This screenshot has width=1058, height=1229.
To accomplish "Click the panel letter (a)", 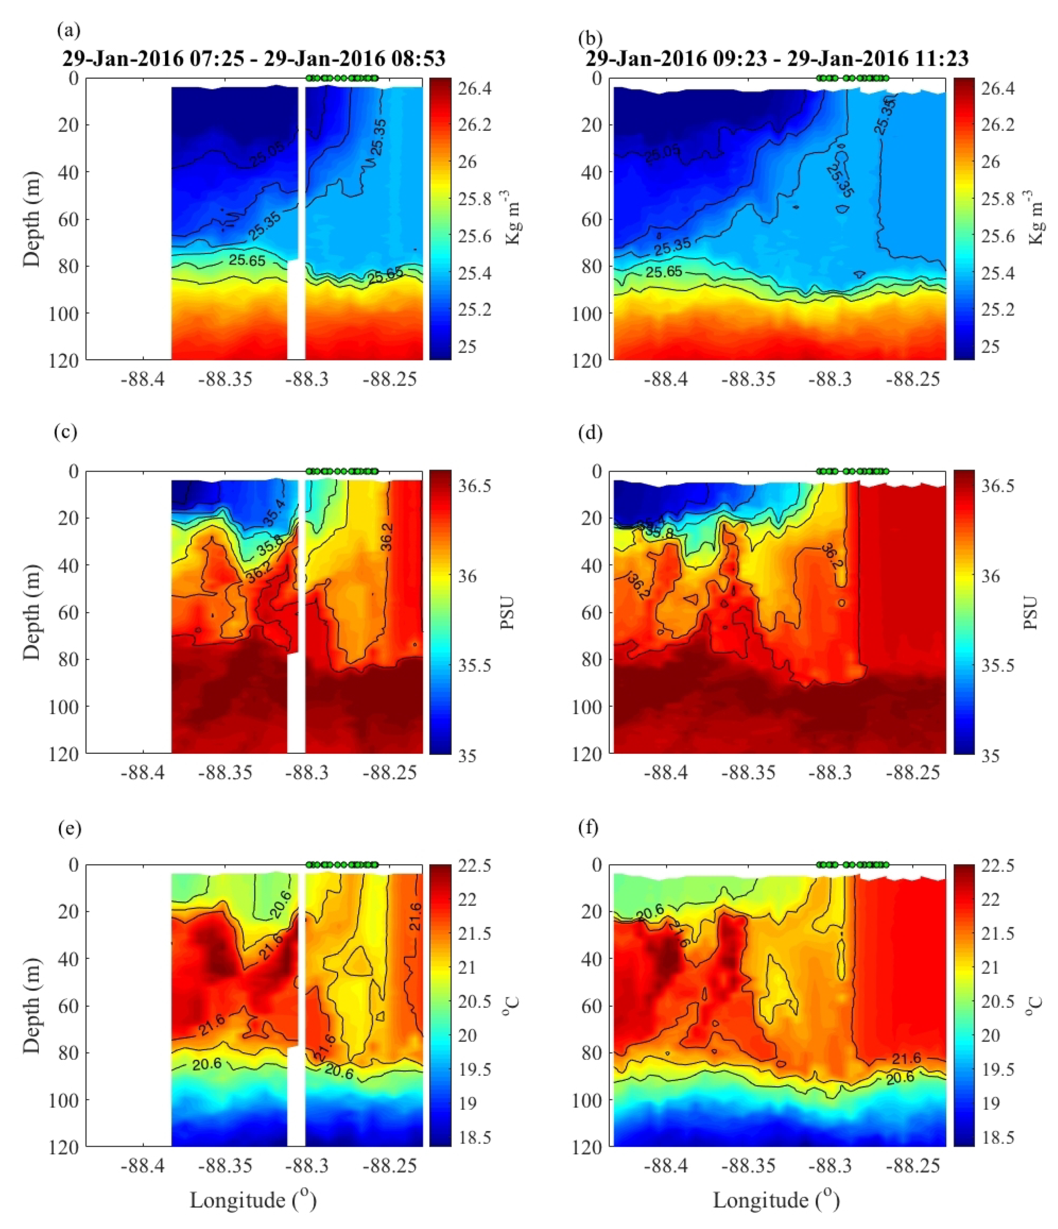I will pos(68,30).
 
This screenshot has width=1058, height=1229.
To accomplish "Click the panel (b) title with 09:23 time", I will pos(777,59).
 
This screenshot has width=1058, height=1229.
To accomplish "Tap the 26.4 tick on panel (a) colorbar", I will pos(474,88).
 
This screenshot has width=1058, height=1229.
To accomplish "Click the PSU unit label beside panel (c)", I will pos(507,612).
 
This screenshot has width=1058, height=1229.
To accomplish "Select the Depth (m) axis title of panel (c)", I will pos(33,612).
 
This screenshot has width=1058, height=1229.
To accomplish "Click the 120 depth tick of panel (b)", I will pos(587,360).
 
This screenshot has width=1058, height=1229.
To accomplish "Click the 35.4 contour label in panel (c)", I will pos(275,513).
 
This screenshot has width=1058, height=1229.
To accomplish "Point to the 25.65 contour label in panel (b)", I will pos(664,272).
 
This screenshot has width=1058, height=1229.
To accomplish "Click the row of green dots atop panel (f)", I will pos(852,864).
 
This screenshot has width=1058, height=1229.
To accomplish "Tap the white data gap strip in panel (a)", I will pos(296,308).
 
